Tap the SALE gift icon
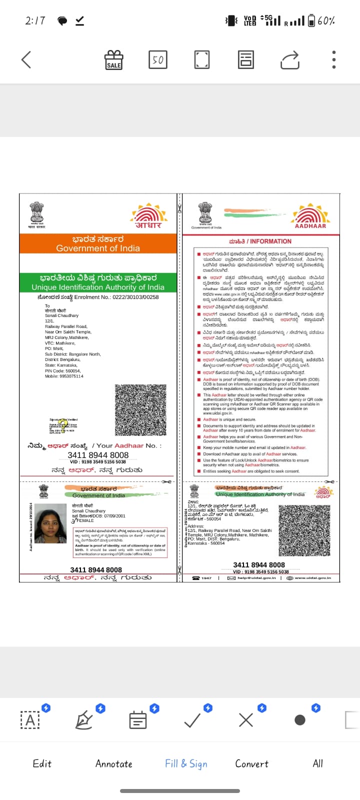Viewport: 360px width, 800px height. coord(113,59)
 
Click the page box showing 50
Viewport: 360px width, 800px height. coord(157,59)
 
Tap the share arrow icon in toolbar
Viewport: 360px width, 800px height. coord(290,59)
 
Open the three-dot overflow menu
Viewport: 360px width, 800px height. coord(334,59)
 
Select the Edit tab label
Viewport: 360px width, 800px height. coord(42,763)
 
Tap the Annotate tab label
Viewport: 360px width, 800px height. coord(114,763)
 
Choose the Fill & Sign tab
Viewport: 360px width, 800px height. coord(186,763)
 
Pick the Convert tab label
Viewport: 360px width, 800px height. coord(252,763)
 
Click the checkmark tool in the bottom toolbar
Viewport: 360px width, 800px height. coord(192,720)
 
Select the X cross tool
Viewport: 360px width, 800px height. coord(246,720)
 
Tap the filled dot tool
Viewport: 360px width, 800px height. coord(300,720)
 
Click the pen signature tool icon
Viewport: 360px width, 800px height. coord(83,720)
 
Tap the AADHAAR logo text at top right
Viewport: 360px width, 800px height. coord(310,226)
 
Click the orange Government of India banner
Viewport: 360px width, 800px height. coord(98,243)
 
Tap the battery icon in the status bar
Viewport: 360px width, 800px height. coord(311,20)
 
